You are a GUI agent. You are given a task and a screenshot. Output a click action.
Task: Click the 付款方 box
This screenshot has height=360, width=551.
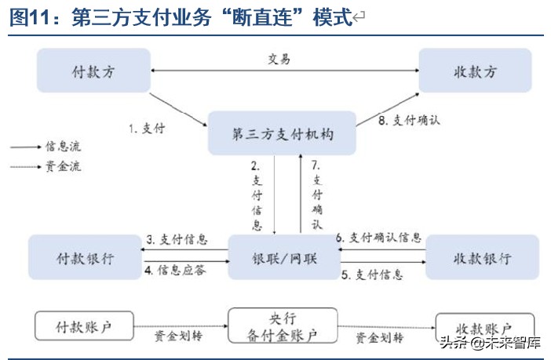coord(93,71)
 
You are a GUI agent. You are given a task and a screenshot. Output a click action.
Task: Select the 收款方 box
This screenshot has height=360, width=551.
coord(475,71)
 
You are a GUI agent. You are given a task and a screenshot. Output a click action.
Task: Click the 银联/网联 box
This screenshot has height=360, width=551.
coord(284,258)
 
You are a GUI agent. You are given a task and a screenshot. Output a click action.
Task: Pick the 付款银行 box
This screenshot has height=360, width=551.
coord(85,258)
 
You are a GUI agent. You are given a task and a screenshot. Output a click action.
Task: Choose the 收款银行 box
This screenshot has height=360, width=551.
coord(483,258)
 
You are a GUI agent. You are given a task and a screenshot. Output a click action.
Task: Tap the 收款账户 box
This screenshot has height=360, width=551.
coord(484,327)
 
